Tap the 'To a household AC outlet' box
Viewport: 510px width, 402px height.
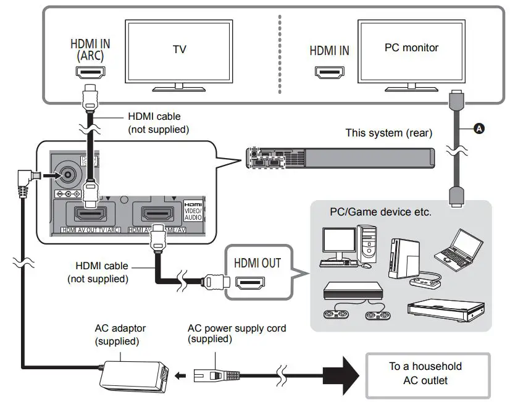coord(427,374)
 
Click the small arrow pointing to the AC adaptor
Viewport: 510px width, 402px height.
coord(178,374)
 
